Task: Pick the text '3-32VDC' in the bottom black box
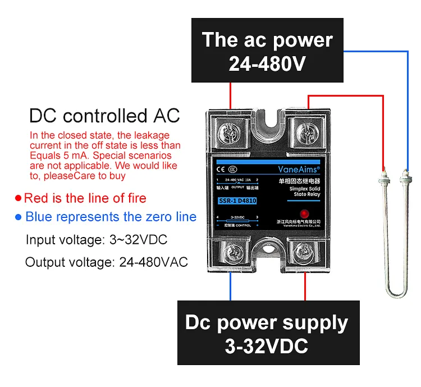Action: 267,346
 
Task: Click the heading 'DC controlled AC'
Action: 104,116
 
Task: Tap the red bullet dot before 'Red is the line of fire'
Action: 19,198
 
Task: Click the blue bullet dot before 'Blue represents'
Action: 19,217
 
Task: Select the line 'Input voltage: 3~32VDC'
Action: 96,240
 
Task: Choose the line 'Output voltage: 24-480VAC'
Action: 106,262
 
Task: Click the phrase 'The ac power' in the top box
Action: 267,40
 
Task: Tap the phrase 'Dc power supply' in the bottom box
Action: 267,323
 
